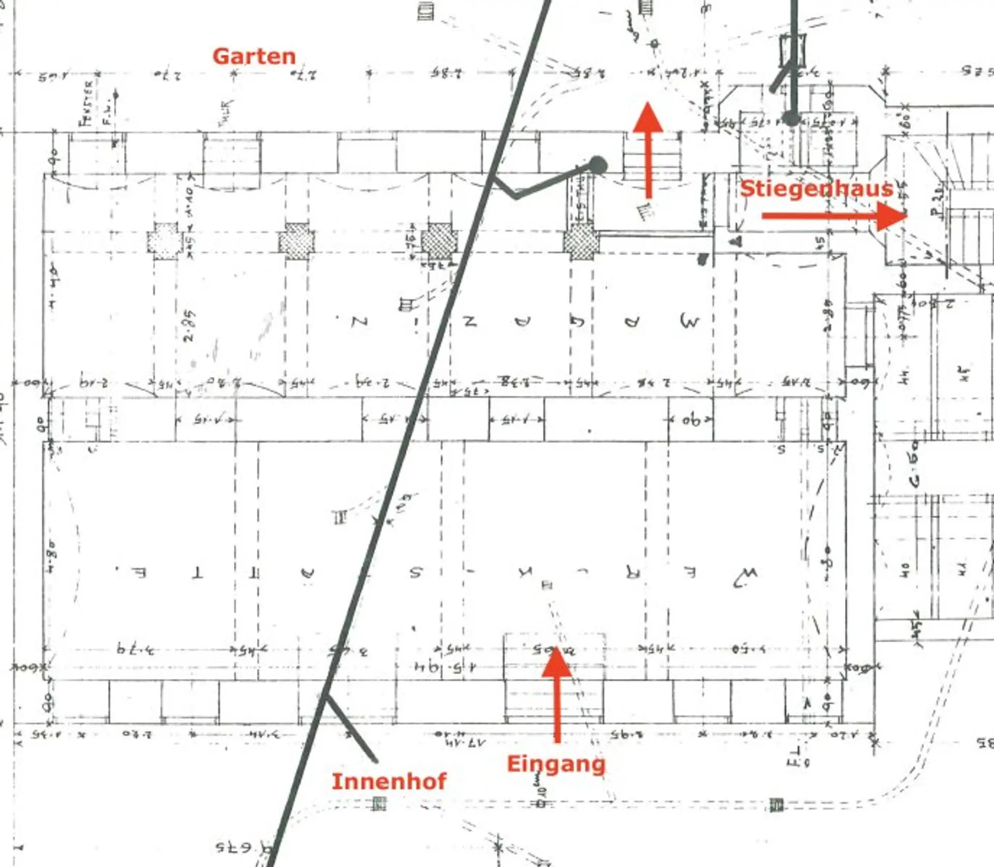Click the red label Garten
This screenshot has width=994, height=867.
(254, 56)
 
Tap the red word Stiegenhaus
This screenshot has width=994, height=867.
(816, 188)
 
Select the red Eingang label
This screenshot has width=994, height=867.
(556, 763)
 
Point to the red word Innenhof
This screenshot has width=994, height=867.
(388, 781)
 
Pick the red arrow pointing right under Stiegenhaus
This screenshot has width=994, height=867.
(834, 215)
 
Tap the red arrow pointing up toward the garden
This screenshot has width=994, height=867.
(648, 150)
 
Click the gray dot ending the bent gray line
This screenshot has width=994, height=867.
(598, 165)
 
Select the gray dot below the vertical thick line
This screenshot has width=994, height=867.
(792, 119)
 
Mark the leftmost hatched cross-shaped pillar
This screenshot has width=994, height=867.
(165, 241)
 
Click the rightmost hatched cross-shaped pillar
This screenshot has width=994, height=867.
(581, 242)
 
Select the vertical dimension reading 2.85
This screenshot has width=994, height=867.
(189, 325)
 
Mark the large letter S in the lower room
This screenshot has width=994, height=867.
(416, 572)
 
